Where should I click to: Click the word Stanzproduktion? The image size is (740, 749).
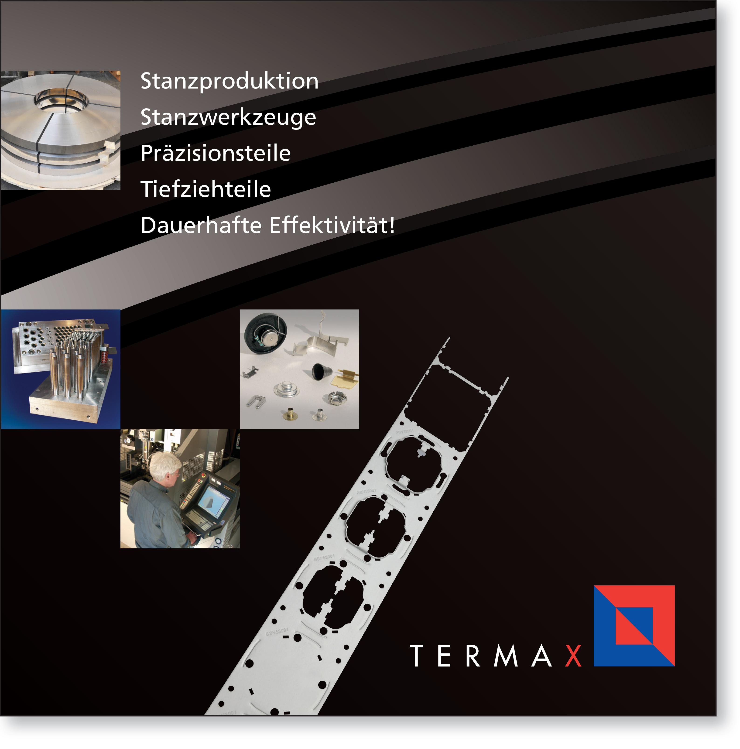pos(229,81)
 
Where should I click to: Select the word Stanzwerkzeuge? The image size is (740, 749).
pos(228,117)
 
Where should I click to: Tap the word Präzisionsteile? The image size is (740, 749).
pos(216,153)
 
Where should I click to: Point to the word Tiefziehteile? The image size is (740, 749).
pos(206,189)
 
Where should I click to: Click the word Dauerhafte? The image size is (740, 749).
pos(201,225)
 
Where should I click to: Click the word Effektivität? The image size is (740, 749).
pos(332,225)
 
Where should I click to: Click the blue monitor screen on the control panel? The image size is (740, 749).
pos(212,504)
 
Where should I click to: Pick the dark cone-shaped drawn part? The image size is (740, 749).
pos(321,371)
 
